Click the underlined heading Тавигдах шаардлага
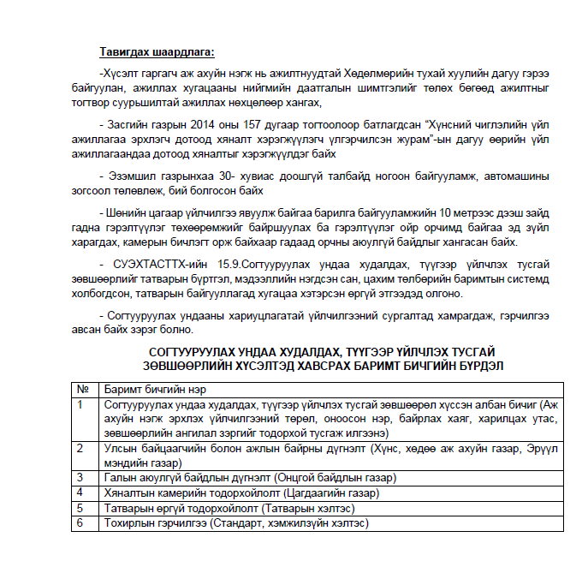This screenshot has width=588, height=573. point(157,53)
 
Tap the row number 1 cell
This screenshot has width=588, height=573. point(83,403)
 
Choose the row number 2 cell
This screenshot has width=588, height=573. point(83,448)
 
